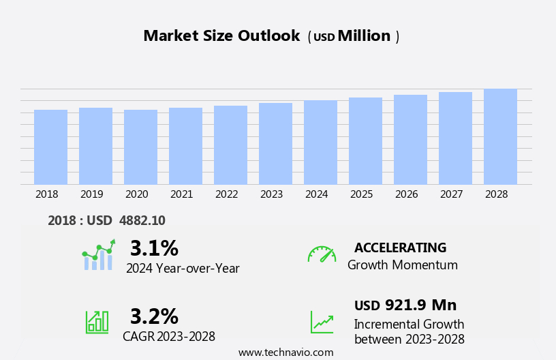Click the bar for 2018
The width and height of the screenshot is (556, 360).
click(50, 147)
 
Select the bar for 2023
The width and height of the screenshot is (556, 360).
click(275, 144)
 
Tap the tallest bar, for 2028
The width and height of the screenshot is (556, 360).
click(500, 137)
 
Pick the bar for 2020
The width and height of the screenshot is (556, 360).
click(140, 147)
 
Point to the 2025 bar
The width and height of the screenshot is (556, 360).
click(365, 141)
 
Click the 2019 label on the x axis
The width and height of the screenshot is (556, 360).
click(91, 194)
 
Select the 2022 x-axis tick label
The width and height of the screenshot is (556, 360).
click(226, 194)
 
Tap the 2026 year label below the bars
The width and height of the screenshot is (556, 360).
click(406, 194)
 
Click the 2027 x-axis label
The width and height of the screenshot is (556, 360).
click(451, 194)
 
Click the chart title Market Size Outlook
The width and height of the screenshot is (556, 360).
click(221, 36)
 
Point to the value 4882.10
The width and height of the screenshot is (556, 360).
click(142, 221)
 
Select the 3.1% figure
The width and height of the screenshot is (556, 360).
click(154, 247)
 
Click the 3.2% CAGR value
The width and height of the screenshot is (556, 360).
click(154, 316)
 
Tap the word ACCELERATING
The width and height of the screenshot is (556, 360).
click(400, 247)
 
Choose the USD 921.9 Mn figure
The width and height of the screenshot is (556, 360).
click(405, 305)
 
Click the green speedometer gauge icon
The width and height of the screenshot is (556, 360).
click(321, 254)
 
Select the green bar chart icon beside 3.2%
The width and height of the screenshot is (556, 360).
click(97, 321)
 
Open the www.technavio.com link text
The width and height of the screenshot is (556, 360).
click(285, 352)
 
